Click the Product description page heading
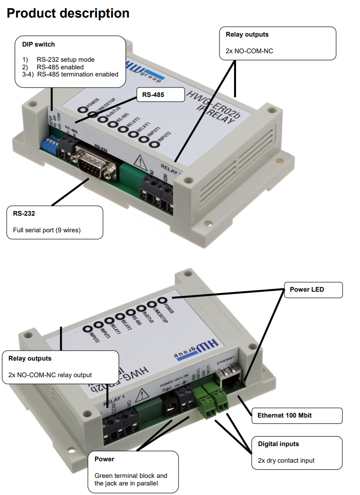(68, 13)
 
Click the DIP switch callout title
(38, 45)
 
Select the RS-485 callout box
(160, 95)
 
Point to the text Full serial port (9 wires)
(47, 230)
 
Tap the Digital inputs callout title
(278, 444)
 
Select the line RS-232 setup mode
(65, 60)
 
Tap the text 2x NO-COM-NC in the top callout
(249, 50)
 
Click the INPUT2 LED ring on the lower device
(88, 329)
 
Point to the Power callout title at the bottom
(104, 459)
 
